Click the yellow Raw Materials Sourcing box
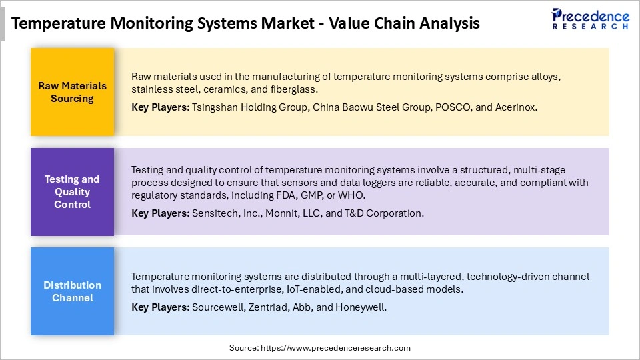pos(72,91)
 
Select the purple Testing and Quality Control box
pos(72,191)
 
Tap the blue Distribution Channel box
pos(72,291)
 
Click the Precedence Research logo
pos(590,19)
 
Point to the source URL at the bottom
pos(320,348)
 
